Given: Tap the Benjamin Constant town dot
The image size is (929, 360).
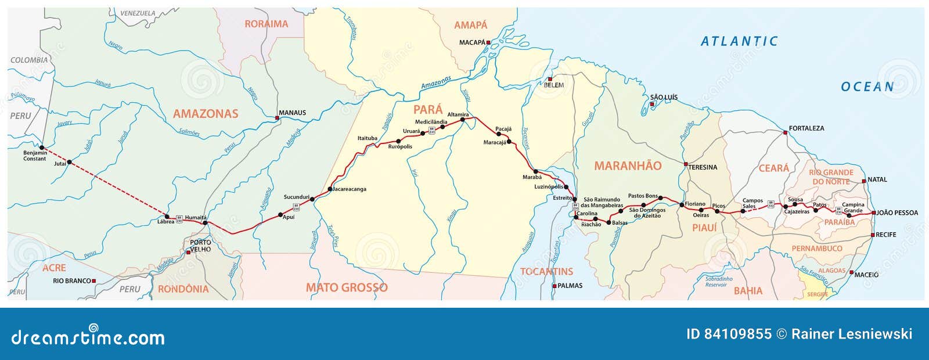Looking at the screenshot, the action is pos(42,147).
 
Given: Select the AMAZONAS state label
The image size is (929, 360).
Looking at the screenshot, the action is pos(206,114).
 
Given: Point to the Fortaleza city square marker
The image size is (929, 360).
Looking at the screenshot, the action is pos(786,133).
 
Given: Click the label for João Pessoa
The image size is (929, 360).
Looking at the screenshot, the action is pos(897,213).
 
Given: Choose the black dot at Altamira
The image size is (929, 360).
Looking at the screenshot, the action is pos(463,119).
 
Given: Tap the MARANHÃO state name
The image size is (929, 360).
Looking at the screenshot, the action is pos(628,166).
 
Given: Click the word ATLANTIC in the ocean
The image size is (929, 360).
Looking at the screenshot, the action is pos(739,41).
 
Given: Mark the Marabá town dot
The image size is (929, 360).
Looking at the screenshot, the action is pos(535,172).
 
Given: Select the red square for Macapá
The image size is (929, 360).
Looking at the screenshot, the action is pos(488,42).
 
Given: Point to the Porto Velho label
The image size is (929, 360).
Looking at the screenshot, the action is pos(200,246).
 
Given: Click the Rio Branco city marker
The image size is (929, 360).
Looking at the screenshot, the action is pos(93,281).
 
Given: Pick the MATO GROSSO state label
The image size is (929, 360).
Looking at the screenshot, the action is pos(347,287).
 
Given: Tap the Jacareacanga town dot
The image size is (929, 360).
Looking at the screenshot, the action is pos(330,189).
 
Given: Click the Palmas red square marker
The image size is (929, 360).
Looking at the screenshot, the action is pos(554,286).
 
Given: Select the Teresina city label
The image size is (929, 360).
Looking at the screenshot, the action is pos(703,167).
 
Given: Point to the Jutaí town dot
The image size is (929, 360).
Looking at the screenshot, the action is pos(70,162).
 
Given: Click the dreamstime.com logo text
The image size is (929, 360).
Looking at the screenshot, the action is pos(88,337).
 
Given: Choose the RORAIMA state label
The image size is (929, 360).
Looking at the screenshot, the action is pos(266,24).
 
